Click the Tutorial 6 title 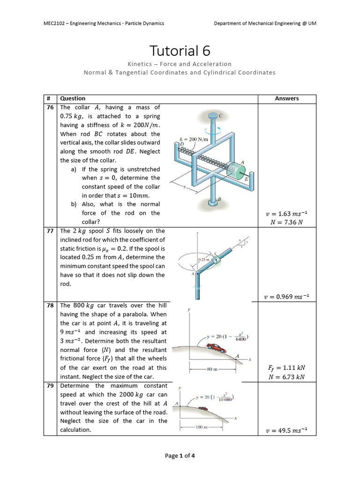180,51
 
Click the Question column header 73,98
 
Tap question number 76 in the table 50,107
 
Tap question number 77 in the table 50,231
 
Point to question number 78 50,306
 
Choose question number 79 50,386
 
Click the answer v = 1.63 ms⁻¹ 286,214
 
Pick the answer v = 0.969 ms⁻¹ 286,297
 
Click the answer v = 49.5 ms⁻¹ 286,430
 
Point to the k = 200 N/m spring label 193,139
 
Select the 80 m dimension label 212,369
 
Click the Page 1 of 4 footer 180,456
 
